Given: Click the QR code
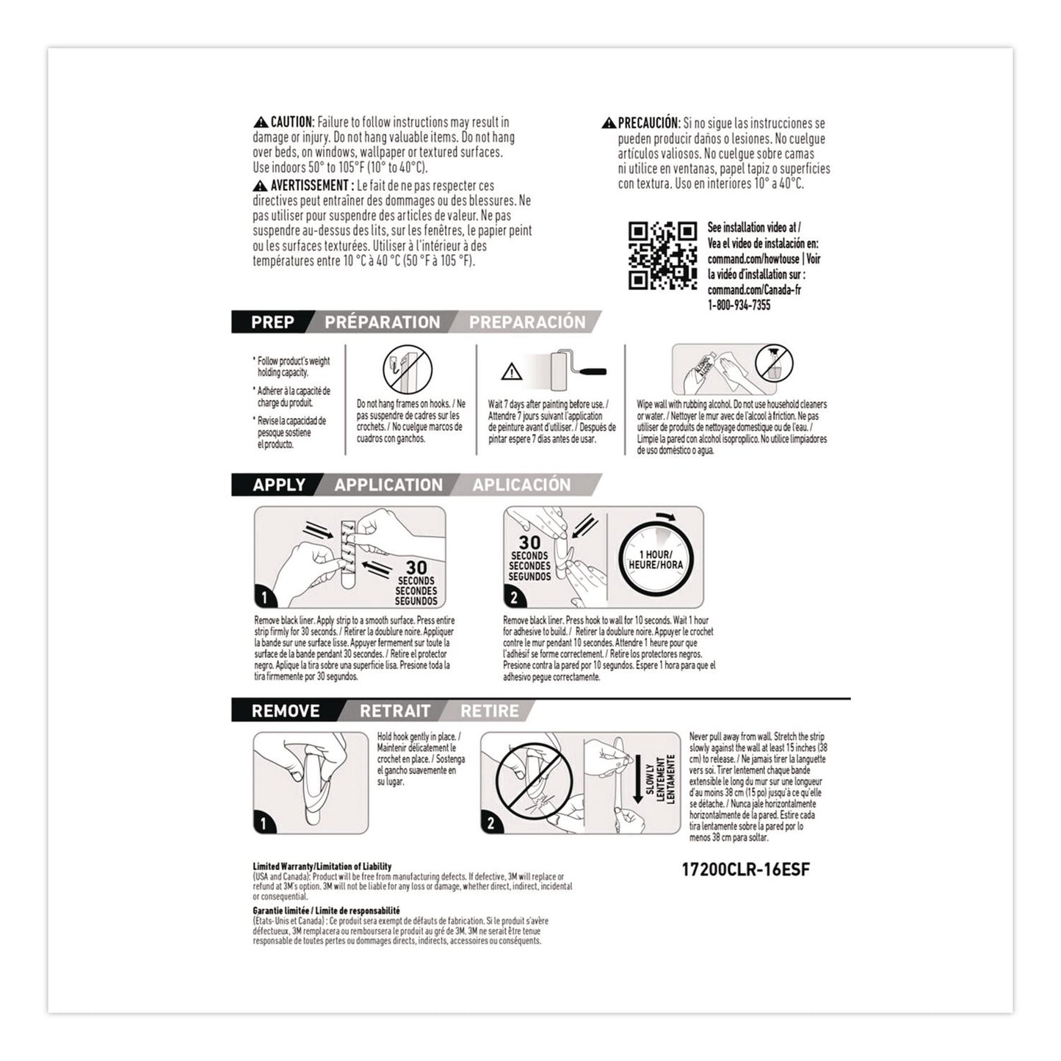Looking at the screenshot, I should [x=662, y=256].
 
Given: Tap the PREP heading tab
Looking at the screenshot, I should [x=272, y=322].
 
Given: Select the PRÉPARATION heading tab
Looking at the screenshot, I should [x=382, y=322].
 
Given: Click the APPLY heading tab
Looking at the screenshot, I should [x=278, y=485].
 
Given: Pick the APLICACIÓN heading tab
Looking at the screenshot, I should [x=521, y=485].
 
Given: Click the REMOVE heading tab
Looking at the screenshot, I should [x=285, y=711].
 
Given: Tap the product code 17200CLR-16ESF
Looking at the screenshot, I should [x=746, y=870].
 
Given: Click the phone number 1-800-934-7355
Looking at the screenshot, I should [x=739, y=305].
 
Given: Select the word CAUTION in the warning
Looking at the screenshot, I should [x=292, y=122].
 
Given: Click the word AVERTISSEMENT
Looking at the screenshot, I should [x=308, y=185].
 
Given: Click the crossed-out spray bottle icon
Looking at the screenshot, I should [x=773, y=363].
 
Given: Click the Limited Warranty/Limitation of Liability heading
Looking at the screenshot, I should [x=322, y=867].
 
